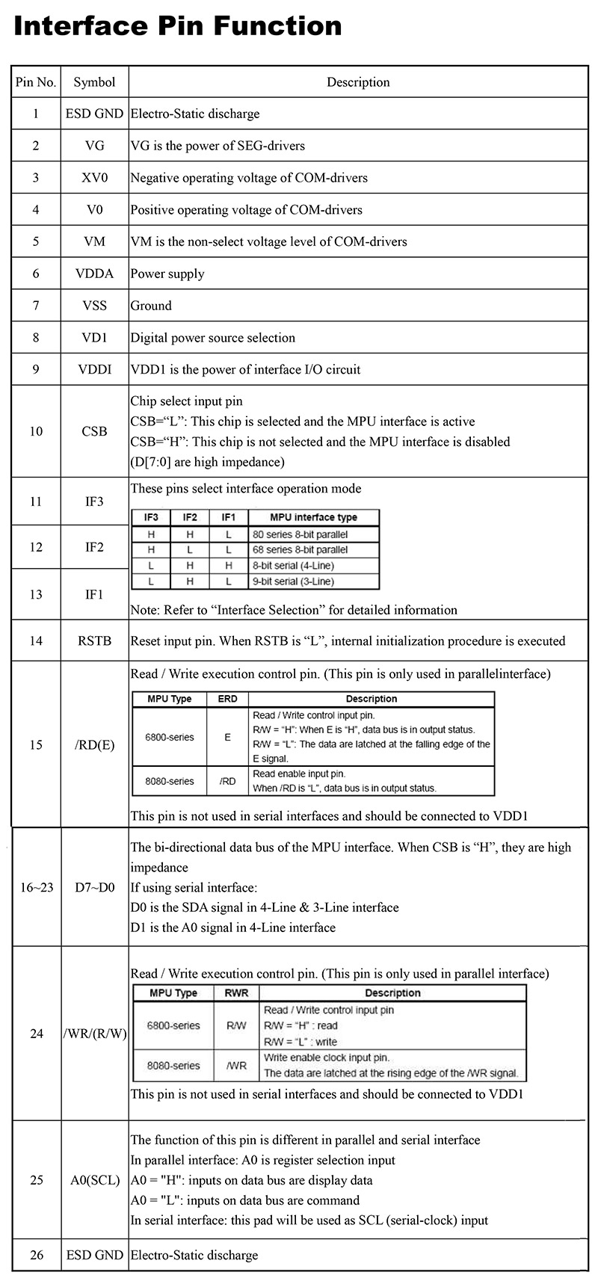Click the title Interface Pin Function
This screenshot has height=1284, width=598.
[x=178, y=27]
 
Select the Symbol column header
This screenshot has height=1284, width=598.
[x=94, y=82]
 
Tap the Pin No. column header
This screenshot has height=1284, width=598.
[x=36, y=82]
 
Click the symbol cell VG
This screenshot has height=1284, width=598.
[x=94, y=146]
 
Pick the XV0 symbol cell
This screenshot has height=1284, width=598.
[x=94, y=178]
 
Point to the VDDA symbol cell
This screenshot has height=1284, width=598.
[x=94, y=274]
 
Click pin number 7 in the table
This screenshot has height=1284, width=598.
[x=36, y=306]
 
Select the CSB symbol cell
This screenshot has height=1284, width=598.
[x=94, y=431]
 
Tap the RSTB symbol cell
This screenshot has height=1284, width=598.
[x=94, y=641]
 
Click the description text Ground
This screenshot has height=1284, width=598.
[x=151, y=306]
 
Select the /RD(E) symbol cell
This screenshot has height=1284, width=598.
[x=94, y=745]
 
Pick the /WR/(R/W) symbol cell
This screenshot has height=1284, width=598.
[x=94, y=1034]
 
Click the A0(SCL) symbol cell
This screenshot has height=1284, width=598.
[x=94, y=1181]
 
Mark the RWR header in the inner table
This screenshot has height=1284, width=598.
[x=236, y=993]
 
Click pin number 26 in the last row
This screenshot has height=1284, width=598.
[x=36, y=1255]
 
